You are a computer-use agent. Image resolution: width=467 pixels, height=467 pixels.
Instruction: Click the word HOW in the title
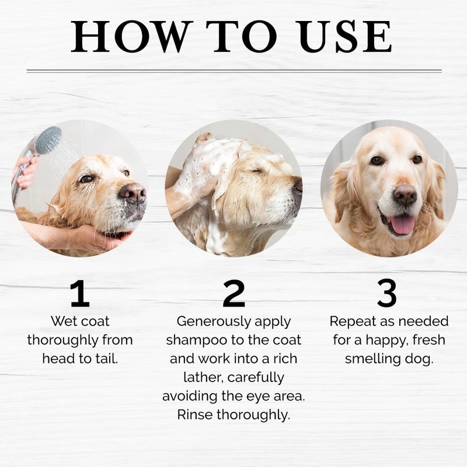coord(130,36)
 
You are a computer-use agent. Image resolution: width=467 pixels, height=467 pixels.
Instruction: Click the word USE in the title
coord(345,36)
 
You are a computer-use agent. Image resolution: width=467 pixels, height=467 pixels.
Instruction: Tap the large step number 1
coord(80,294)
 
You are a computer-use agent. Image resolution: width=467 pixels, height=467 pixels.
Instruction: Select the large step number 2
coord(234,294)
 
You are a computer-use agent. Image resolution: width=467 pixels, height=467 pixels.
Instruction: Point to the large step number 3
coord(387,293)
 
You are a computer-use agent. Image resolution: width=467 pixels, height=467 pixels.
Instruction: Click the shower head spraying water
coord(48,140)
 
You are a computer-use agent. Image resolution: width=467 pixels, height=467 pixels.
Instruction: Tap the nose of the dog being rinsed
coord(133,193)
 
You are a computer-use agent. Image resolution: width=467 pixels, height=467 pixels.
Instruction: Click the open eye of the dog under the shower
coord(86,179)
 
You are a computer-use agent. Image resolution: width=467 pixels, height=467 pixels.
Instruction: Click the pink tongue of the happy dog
coord(402,225)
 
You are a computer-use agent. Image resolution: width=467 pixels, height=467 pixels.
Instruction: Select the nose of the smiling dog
coord(405,196)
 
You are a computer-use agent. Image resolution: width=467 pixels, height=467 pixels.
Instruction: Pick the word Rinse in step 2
coord(195,414)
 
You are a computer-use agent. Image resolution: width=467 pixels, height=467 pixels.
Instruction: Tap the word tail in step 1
coord(107,358)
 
